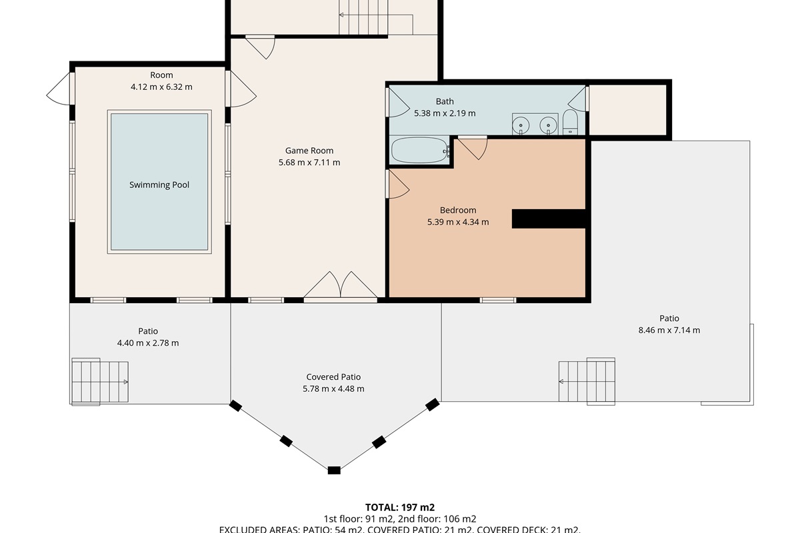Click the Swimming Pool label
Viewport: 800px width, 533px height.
(159, 185)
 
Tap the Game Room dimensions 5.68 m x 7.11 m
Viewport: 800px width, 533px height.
(309, 163)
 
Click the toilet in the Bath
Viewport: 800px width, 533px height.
(570, 123)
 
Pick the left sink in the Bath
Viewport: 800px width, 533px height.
(521, 124)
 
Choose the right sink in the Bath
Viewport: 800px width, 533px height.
(548, 124)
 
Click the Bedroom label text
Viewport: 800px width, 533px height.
(458, 211)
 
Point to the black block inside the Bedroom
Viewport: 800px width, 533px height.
(548, 219)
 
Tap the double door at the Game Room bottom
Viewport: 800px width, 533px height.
(341, 286)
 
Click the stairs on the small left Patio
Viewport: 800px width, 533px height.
(99, 381)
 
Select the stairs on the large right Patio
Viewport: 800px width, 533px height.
(587, 380)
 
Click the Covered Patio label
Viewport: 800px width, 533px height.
(333, 377)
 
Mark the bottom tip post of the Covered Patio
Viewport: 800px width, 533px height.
(334, 470)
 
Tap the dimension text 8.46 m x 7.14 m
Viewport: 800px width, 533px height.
(669, 330)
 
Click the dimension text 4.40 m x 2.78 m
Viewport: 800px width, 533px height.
(148, 343)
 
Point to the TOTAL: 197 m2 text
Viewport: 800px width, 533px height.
(400, 508)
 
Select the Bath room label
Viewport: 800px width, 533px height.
(445, 101)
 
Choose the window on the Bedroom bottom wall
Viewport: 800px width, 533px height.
(498, 300)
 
